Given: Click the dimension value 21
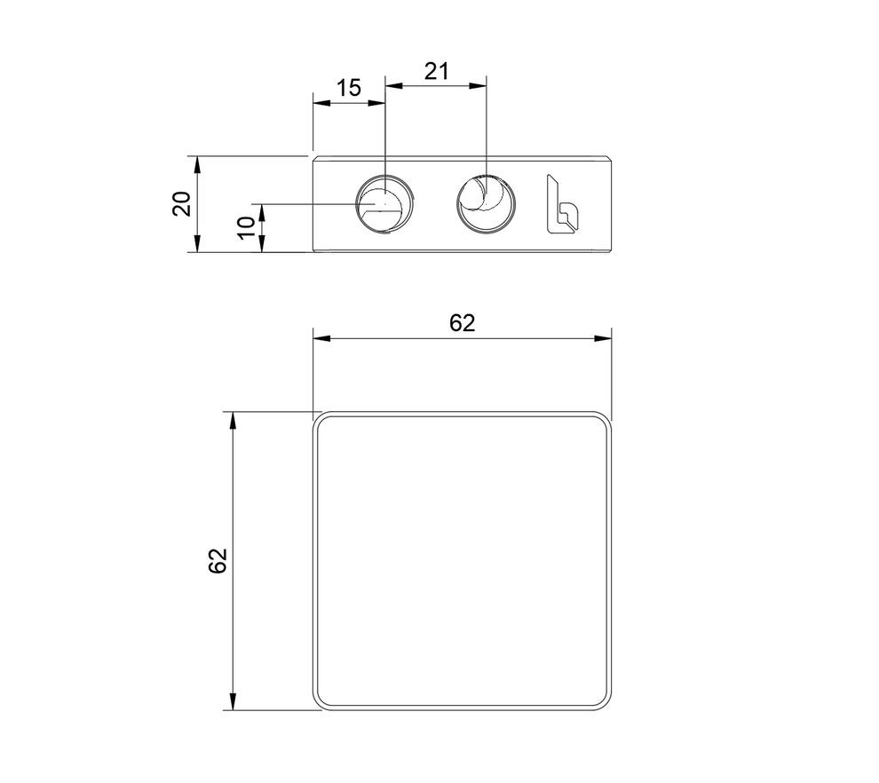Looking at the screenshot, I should [435, 71].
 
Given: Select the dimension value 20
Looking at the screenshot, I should [182, 204].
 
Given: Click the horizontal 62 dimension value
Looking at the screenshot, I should [462, 323].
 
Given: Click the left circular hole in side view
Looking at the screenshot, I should [384, 203].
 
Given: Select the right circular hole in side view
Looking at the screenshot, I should [486, 203].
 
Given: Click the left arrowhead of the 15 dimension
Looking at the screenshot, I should [320, 103].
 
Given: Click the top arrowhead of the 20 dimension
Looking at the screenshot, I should [197, 162].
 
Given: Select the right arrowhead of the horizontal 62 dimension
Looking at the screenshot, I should [606, 338].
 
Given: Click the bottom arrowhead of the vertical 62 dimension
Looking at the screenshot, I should [233, 703].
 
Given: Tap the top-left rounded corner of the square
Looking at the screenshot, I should [321, 420].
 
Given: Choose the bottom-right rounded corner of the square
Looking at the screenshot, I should [604, 702].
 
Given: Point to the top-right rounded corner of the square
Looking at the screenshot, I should [604, 420].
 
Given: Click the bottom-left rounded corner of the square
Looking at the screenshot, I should [321, 702].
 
